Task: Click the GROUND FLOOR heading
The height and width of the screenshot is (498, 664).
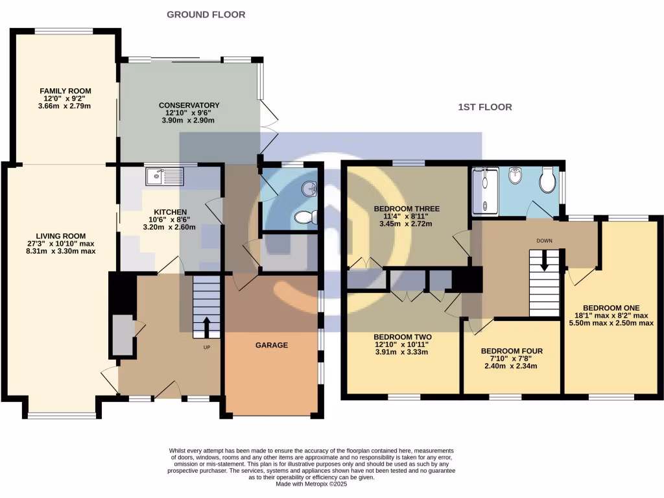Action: [x=206, y=14]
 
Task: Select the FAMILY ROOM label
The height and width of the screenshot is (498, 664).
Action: [x=65, y=91]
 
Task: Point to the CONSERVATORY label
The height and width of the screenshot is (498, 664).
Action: [x=189, y=105]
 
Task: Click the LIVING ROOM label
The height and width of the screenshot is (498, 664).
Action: [x=60, y=236]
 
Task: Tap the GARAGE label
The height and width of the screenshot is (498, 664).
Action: [x=271, y=345]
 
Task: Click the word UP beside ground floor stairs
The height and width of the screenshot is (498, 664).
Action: [x=207, y=346]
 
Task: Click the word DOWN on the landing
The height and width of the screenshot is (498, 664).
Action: [x=544, y=241]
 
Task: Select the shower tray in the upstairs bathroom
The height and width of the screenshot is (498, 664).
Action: [x=485, y=191]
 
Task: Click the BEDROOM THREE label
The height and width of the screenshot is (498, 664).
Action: [x=407, y=209]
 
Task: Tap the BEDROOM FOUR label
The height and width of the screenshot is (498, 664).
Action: [x=512, y=351]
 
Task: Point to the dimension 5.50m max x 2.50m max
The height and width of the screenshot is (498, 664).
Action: [x=611, y=322]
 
